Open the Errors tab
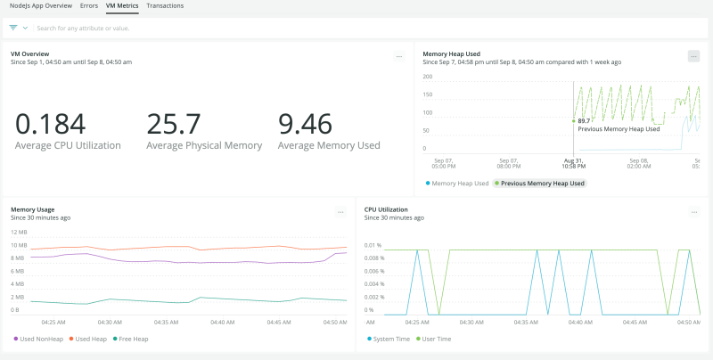click(x=88, y=5)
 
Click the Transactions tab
click(x=165, y=5)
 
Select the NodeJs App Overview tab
click(x=41, y=5)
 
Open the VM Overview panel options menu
click(x=399, y=56)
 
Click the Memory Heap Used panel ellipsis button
click(x=693, y=56)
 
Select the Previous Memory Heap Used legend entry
click(x=542, y=183)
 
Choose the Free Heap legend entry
click(x=132, y=339)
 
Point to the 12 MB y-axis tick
click(x=18, y=232)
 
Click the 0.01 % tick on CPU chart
click(x=373, y=245)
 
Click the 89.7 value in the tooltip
click(x=584, y=120)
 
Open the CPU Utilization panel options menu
click(x=693, y=212)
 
